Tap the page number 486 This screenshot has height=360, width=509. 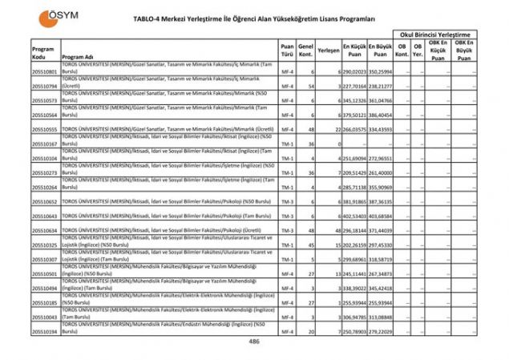pyautogui.click(x=254, y=341)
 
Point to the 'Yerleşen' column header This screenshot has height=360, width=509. pyautogui.click(x=329, y=50)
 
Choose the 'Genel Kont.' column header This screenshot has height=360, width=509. pyautogui.click(x=305, y=50)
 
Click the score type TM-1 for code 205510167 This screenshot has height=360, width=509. pyautogui.click(x=287, y=144)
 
